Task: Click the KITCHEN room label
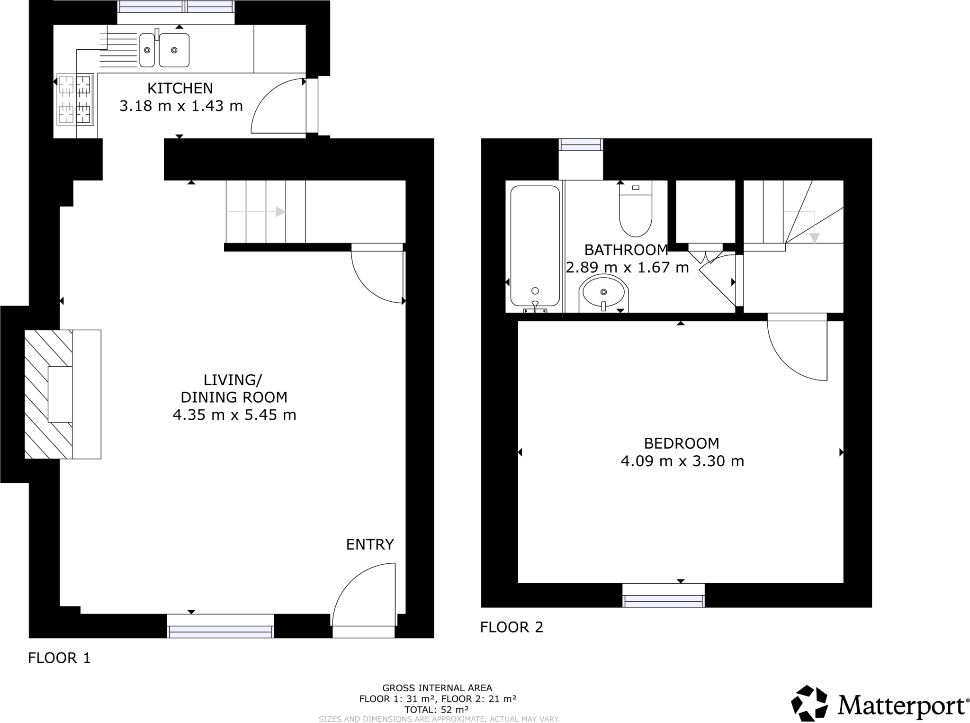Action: [180, 89]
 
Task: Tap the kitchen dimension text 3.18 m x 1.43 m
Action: [181, 106]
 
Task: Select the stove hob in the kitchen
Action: [75, 99]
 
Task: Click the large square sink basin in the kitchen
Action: [174, 50]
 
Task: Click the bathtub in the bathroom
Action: [535, 246]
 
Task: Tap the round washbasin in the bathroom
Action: [603, 292]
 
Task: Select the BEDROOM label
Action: [682, 443]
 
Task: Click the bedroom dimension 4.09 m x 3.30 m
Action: [682, 461]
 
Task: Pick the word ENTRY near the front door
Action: [370, 545]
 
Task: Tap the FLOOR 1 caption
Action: [59, 658]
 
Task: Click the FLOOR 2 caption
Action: [512, 627]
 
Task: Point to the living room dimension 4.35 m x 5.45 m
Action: [234, 415]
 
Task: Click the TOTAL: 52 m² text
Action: [437, 710]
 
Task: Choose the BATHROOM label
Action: [626, 250]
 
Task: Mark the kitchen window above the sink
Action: [176, 7]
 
